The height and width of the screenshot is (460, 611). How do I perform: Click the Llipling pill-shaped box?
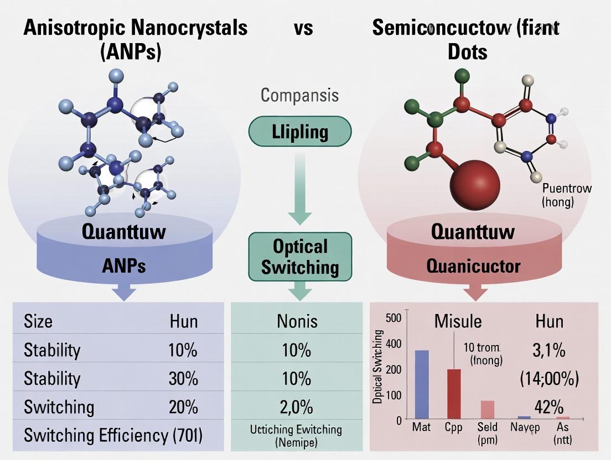(300, 132)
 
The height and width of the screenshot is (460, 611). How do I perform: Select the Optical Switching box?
(300, 257)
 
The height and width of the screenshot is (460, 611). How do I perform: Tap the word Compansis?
(299, 96)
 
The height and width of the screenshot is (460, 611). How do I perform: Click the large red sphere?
(475, 181)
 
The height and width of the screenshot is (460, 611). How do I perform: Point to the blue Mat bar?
(422, 384)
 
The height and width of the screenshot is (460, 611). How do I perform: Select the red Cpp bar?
(454, 393)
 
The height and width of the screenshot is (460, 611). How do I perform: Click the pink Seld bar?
(487, 409)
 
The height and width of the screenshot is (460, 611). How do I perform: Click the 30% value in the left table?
(183, 379)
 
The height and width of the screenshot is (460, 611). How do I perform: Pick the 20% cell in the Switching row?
(183, 407)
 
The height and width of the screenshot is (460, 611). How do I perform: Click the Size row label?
(38, 322)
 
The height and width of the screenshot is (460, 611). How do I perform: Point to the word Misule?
(458, 321)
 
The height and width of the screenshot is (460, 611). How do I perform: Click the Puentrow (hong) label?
(567, 195)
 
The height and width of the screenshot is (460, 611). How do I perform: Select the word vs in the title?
(303, 28)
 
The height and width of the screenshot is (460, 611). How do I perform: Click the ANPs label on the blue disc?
(124, 266)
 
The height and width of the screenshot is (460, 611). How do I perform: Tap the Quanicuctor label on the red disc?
(473, 266)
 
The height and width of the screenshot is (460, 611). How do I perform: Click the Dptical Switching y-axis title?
(379, 367)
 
